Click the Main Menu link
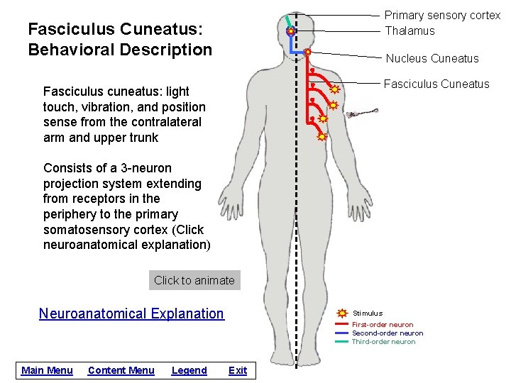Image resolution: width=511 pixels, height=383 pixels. [47, 370]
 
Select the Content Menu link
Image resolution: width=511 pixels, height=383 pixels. [121, 370]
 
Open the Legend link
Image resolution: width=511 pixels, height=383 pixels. [189, 370]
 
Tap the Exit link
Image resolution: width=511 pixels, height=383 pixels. [238, 370]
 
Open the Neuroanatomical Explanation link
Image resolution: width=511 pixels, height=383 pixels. [131, 313]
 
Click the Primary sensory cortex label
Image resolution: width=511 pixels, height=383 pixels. [442, 15]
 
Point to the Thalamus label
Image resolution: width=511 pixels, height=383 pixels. [410, 30]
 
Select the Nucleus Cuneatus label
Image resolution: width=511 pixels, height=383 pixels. [432, 58]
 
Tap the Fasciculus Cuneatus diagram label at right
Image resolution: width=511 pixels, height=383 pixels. [436, 84]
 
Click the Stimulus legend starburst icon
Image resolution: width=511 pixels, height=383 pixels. [342, 313]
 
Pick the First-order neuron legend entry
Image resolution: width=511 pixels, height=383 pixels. [383, 325]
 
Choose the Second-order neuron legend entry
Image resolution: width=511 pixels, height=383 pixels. [388, 333]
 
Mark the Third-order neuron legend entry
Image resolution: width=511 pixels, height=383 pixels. [383, 342]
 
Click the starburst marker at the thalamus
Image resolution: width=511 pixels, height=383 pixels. [291, 32]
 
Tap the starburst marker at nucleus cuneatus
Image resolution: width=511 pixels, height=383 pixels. [307, 52]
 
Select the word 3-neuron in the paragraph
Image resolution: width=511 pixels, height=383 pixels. [136, 168]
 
